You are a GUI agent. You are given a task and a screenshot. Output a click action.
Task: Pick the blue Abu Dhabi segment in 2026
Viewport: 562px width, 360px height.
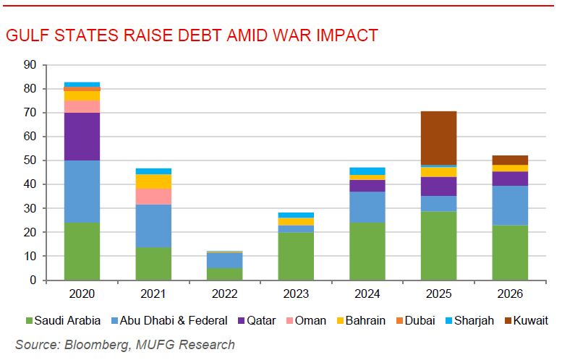[x=510, y=205]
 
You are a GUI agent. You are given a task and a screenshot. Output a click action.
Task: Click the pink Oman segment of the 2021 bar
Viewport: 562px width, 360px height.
[x=153, y=197]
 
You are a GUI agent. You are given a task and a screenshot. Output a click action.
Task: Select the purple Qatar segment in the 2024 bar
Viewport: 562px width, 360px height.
[x=367, y=186]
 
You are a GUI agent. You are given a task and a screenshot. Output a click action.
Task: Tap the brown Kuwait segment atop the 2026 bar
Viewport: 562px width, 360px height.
[x=510, y=160]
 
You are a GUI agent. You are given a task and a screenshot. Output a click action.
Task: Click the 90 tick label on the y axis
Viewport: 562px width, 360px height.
[x=30, y=65]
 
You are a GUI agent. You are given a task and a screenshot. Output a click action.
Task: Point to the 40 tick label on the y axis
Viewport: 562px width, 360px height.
[x=30, y=184]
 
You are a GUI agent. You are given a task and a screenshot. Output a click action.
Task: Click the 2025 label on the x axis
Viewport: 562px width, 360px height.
[x=439, y=293]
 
